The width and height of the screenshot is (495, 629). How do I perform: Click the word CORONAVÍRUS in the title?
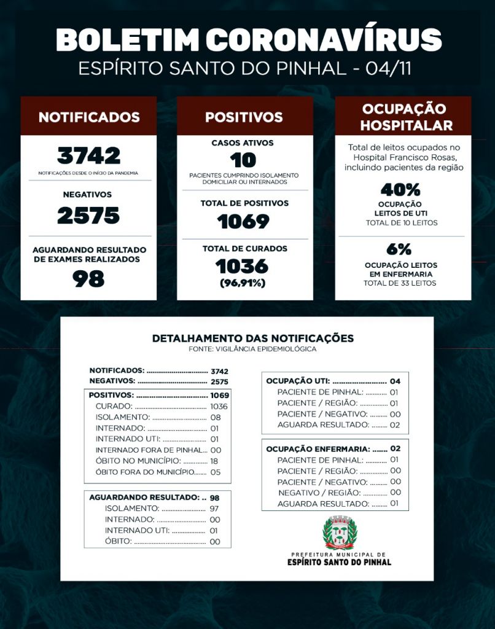tap(323, 40)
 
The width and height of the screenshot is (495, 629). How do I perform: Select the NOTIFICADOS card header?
tap(88, 117)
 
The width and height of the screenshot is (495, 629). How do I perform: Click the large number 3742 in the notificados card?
tap(88, 155)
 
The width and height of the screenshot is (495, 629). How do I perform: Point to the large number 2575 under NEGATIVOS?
tap(88, 216)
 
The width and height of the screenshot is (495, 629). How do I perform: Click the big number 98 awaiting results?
tap(88, 279)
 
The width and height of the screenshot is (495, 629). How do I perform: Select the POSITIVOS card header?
tap(244, 117)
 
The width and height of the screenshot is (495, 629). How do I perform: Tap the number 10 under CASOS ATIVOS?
tap(243, 160)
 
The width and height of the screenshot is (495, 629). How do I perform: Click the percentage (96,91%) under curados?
tap(243, 283)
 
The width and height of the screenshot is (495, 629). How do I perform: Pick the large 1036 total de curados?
tap(243, 266)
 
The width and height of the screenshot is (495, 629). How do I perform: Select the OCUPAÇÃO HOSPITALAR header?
tap(403, 117)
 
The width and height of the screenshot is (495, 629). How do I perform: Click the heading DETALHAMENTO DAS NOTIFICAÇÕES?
tap(252, 338)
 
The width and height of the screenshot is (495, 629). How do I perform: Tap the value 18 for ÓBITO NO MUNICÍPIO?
tap(215, 461)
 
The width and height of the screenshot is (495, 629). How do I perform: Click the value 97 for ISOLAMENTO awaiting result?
tap(215, 509)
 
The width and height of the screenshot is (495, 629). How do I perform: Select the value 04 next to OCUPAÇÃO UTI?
tap(395, 381)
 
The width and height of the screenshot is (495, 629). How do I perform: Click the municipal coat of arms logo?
tap(339, 532)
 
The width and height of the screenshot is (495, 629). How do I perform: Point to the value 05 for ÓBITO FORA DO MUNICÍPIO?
tap(215, 472)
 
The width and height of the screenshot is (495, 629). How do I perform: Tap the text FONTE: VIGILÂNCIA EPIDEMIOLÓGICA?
tap(252, 349)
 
